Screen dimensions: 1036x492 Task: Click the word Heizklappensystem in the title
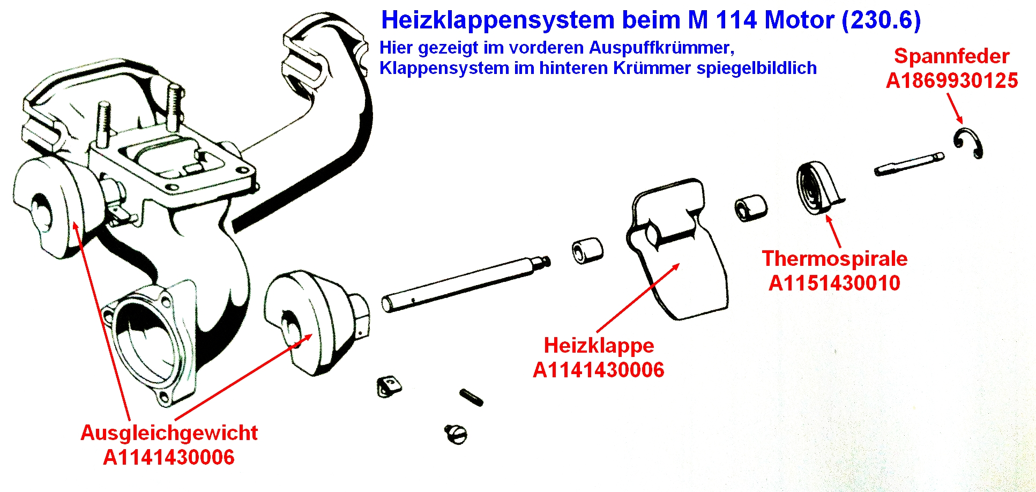pyautogui.click(x=498, y=20)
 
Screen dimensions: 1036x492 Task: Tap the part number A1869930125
pyautogui.click(x=952, y=80)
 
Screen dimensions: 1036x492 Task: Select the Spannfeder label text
pyautogui.click(x=952, y=56)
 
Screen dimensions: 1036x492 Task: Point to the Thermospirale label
pyautogui.click(x=834, y=258)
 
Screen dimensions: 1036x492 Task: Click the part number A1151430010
pyautogui.click(x=834, y=283)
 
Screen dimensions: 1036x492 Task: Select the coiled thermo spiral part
pyautogui.click(x=818, y=188)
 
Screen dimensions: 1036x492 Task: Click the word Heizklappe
pyautogui.click(x=599, y=345)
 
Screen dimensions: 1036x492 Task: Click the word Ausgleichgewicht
pyautogui.click(x=169, y=433)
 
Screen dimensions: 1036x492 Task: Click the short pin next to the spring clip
pyautogui.click(x=909, y=164)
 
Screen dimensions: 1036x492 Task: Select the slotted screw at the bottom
pyautogui.click(x=456, y=434)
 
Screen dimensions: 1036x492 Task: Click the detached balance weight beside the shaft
pyautogui.click(x=316, y=322)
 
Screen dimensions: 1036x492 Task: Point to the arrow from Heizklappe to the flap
pyautogui.click(x=638, y=298)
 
